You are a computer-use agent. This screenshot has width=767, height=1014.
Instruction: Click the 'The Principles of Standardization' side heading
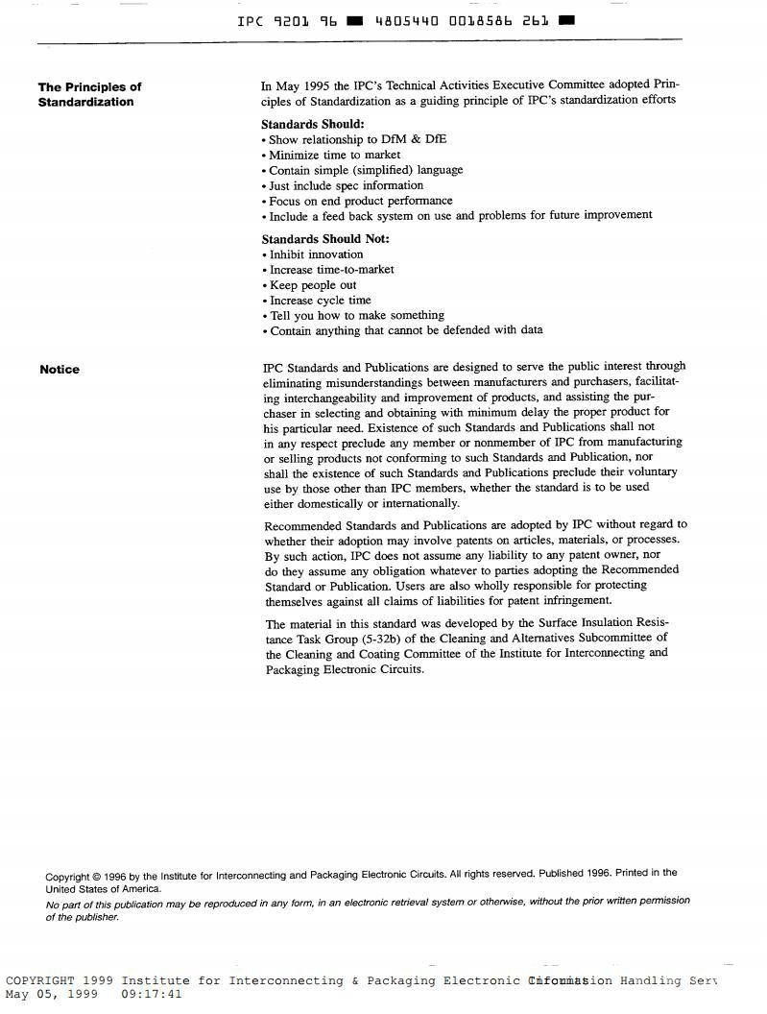coord(89,94)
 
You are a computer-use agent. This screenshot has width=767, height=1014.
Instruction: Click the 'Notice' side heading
coord(60,370)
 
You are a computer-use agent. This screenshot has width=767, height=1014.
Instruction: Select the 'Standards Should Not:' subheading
coord(325,239)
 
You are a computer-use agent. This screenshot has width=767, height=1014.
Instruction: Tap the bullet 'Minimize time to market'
coord(334,155)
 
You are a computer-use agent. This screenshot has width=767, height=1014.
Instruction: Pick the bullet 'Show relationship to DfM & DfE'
coord(357,139)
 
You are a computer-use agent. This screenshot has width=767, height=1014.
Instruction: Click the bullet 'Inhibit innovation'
coord(316,254)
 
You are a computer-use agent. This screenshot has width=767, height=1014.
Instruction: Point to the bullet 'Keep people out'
coord(313,285)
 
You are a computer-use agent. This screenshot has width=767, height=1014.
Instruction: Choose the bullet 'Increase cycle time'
coord(320,300)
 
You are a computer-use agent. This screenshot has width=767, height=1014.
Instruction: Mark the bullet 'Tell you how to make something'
coord(356,315)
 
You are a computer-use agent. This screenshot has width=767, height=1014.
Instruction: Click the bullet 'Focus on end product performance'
coord(361,201)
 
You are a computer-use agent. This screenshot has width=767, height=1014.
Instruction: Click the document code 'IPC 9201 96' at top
coord(287,20)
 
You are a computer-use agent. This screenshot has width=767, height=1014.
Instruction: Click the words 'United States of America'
coord(103,889)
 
